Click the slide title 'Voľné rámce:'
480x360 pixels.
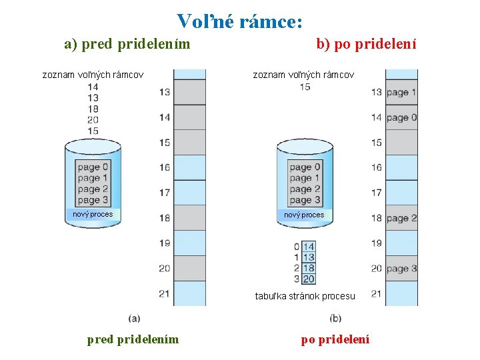tap(241, 21)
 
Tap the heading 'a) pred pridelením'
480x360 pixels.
tap(127, 45)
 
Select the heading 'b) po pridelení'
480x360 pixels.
tap(366, 45)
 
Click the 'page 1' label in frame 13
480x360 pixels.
tap(401, 92)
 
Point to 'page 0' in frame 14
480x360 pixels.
tap(401, 117)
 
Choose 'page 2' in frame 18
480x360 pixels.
tap(401, 218)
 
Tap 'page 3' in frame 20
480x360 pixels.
tap(401, 268)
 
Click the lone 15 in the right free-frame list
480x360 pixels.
tap(305, 87)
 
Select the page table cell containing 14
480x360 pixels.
tap(309, 247)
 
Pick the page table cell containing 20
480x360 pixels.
tap(309, 279)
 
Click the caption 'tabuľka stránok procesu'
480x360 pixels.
tap(305, 296)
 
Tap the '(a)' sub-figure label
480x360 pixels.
tap(134, 318)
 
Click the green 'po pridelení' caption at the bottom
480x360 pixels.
tap(335, 339)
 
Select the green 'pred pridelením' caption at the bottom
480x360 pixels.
tap(133, 339)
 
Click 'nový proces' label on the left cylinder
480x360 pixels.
tap(93, 214)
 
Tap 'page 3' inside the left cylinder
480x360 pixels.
tap(93, 200)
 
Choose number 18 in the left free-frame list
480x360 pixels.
tap(93, 109)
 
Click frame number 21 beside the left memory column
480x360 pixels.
tap(164, 293)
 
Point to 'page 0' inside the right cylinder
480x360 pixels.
tap(305, 167)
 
